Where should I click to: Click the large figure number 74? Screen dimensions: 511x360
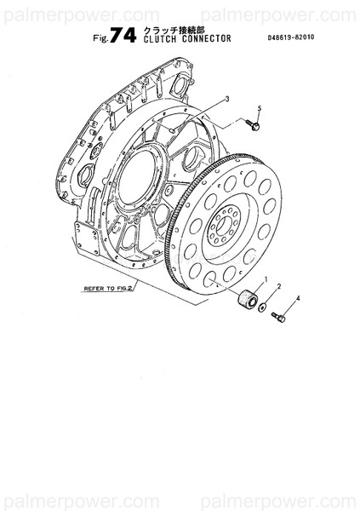pos(125,34)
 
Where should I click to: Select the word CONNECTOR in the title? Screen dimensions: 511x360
pos(206,38)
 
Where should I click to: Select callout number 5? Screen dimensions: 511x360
pos(260,108)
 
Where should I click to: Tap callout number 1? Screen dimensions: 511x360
pos(266,279)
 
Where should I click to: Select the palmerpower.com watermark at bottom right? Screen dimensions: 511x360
pos(289,497)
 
